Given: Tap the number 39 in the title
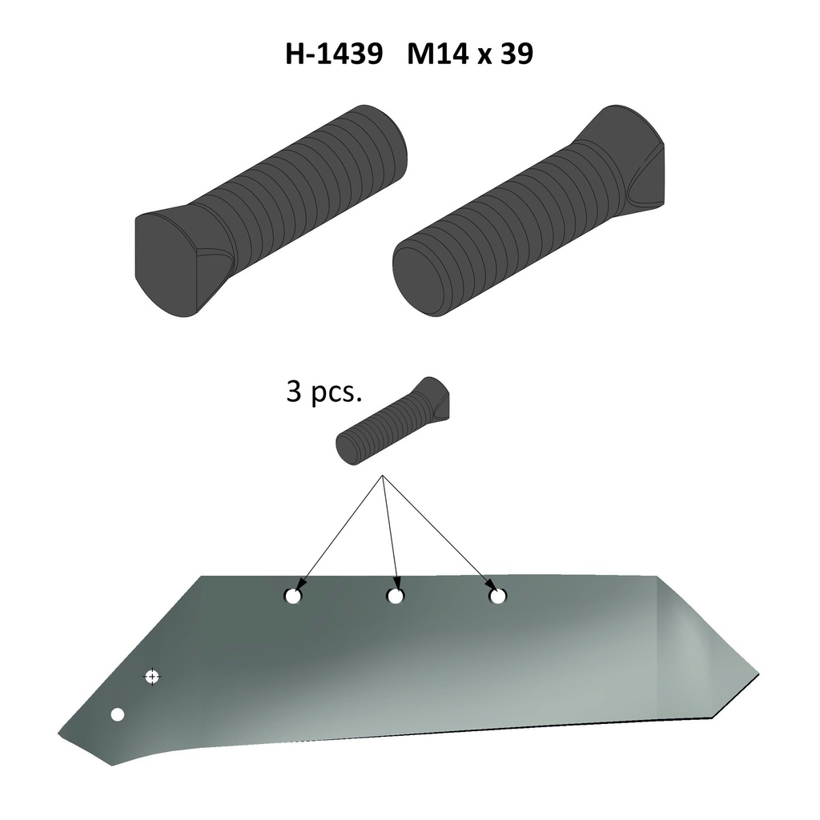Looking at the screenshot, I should [x=515, y=55].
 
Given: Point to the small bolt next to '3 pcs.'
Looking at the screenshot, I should [x=392, y=422].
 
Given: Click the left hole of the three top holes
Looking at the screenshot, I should [x=292, y=597].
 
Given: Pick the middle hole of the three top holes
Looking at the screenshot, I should [x=394, y=597].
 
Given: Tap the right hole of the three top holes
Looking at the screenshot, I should [x=497, y=597].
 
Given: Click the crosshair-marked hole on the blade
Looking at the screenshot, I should [x=152, y=677].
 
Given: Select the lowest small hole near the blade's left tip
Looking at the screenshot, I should [x=118, y=714].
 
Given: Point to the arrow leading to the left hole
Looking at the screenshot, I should [x=340, y=532].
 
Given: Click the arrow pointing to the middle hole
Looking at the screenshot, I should [x=389, y=533].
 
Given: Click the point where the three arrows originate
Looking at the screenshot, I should [x=384, y=477].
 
